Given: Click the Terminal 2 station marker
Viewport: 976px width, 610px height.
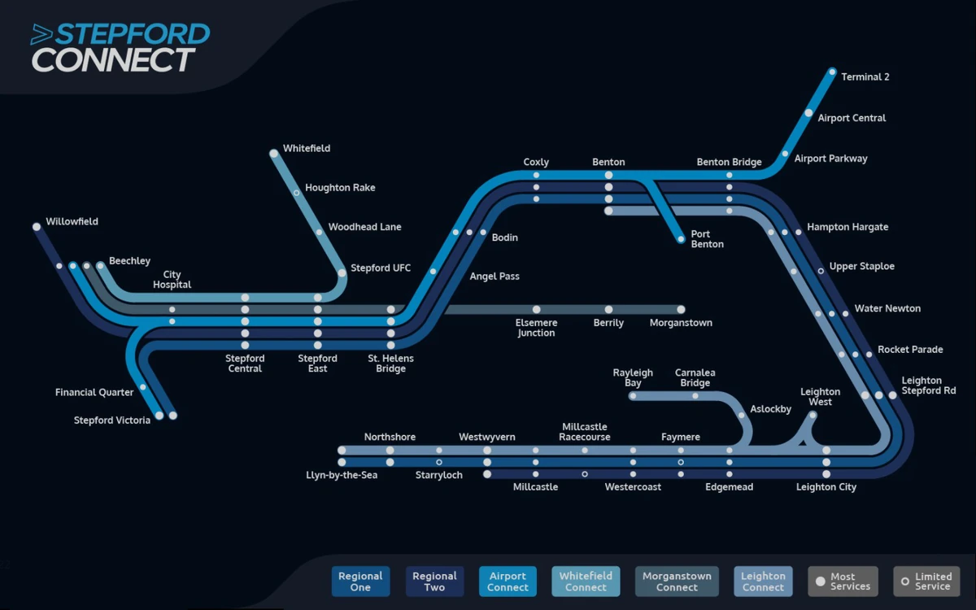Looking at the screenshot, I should tap(832, 72).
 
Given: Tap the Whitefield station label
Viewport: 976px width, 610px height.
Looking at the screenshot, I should tap(306, 149).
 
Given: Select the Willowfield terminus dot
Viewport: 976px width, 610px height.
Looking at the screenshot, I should tap(37, 227).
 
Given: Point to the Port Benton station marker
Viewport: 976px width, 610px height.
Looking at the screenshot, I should tap(681, 239).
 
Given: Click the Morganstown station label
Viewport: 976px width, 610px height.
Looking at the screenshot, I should tap(681, 323).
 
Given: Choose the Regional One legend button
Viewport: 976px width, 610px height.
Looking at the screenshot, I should tap(360, 582).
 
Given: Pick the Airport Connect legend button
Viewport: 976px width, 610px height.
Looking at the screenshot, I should tap(508, 582).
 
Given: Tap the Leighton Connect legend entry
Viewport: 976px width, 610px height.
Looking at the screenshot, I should tap(763, 582).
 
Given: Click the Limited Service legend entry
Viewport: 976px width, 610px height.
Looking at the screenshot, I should tap(926, 582).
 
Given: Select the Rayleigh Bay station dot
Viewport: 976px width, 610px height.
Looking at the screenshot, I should tap(633, 396).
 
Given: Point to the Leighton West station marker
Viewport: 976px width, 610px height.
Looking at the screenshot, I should tap(813, 415).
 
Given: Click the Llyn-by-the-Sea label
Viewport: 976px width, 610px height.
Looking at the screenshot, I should tap(342, 475).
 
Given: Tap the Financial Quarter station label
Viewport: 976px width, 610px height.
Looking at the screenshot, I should tap(94, 393).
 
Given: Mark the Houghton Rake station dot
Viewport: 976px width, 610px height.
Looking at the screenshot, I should tap(296, 193).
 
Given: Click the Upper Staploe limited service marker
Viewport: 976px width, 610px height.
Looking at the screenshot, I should tap(821, 269).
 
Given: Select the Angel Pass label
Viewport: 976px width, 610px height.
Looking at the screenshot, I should tap(495, 277).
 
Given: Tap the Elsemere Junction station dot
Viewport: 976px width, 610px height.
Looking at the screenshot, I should tap(536, 309).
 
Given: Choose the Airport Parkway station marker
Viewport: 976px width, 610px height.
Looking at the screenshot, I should tap(785, 154).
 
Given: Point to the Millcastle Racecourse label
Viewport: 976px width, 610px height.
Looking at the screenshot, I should tap(585, 432).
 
